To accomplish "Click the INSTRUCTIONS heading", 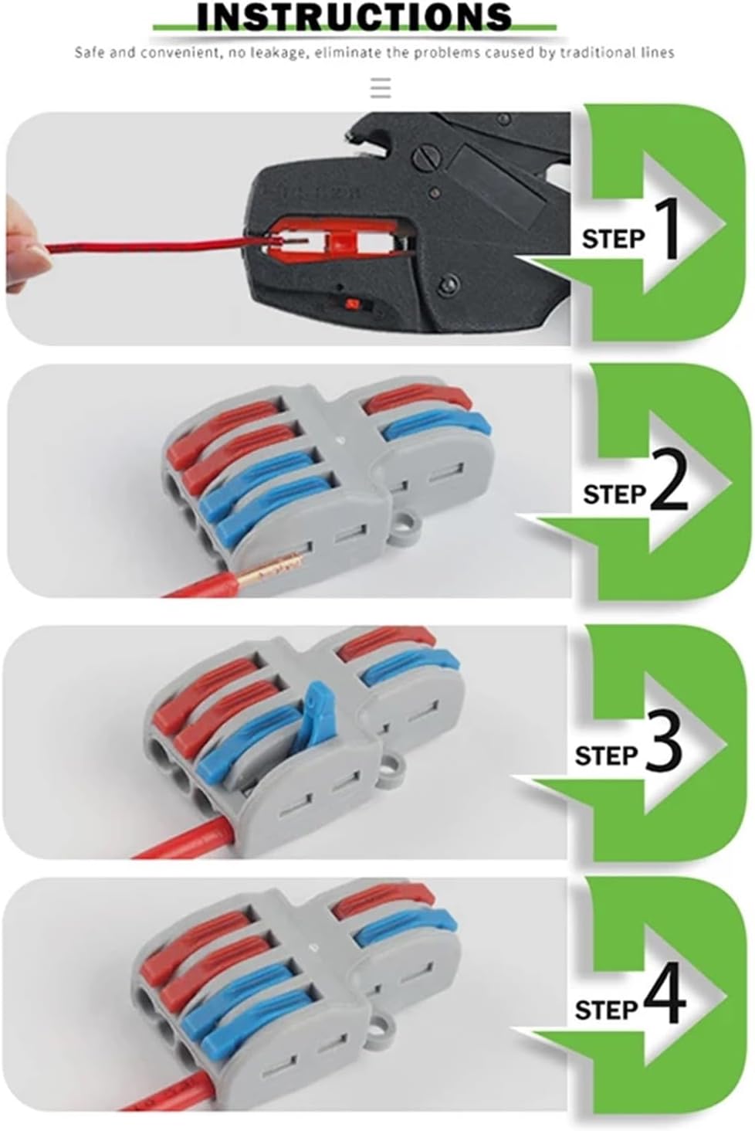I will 354,16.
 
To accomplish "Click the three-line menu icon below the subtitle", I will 380,87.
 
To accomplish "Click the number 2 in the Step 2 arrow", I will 669,485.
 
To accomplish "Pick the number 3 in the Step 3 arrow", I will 664,743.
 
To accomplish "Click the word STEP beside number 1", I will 613,239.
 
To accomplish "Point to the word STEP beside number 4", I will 607,1010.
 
